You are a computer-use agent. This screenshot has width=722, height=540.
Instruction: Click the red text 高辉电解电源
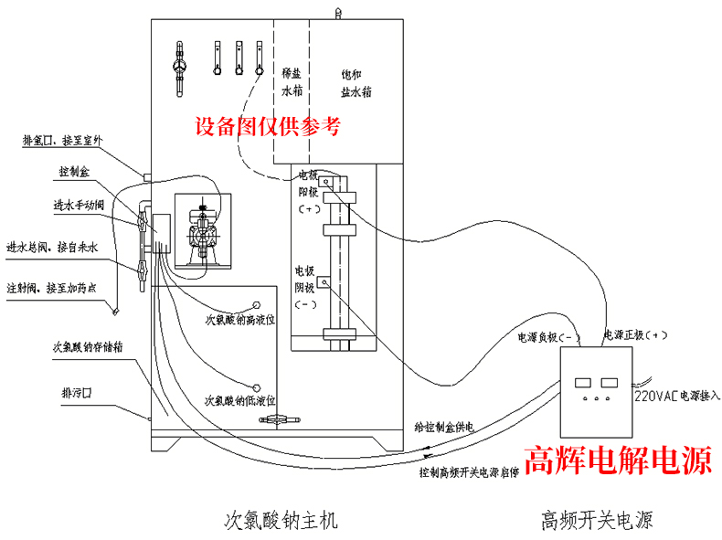click(x=617, y=460)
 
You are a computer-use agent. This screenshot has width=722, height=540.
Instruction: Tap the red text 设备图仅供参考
click(x=270, y=126)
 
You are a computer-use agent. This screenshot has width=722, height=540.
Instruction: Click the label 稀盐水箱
click(x=292, y=82)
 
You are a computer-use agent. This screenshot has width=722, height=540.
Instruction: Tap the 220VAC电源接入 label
click(x=676, y=397)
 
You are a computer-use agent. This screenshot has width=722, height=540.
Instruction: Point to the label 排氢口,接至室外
click(x=63, y=141)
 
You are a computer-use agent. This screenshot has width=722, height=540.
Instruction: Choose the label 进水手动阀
click(x=79, y=204)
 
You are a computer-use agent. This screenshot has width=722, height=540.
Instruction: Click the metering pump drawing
click(x=200, y=233)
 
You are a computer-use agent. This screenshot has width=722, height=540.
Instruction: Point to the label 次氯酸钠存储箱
click(x=89, y=346)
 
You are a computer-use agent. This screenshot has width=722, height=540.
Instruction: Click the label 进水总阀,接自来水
click(x=54, y=247)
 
